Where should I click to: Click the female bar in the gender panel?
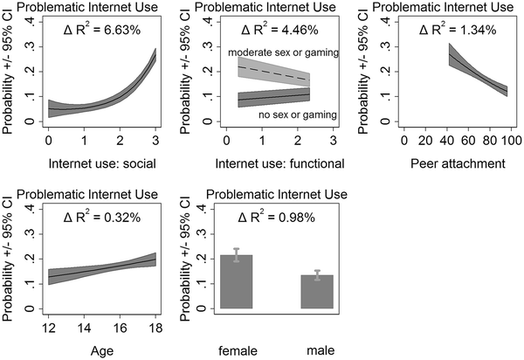coord(237,283)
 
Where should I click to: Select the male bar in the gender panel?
coord(317,292)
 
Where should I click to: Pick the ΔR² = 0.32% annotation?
coord(93,218)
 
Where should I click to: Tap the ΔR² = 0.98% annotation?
coord(274,218)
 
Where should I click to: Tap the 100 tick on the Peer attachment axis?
coord(511,140)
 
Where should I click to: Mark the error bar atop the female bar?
coord(237,255)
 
